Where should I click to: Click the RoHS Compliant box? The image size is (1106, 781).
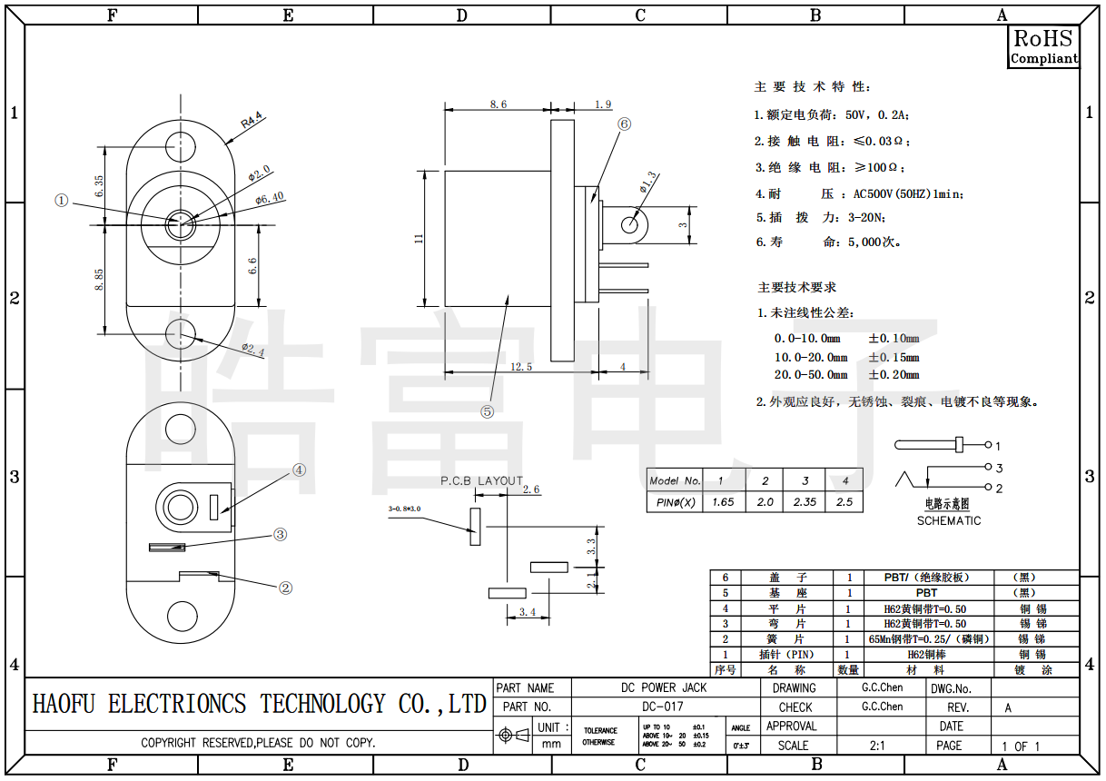tap(1043, 46)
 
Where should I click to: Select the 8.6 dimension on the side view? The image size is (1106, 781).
tap(498, 104)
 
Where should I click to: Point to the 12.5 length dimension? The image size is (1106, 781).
tap(521, 366)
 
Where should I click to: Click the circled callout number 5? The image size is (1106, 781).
tap(488, 410)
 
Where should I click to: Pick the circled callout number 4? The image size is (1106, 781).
tap(300, 470)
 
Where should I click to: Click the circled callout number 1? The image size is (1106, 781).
tap(62, 201)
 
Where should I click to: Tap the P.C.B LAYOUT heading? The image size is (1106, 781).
tap(482, 480)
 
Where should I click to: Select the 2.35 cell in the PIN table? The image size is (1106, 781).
tap(805, 501)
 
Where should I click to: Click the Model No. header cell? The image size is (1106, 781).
tap(675, 480)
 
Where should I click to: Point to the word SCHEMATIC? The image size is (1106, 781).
tap(948, 520)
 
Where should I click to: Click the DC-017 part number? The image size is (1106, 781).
tap(662, 707)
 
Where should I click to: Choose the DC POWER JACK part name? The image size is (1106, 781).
tap(663, 687)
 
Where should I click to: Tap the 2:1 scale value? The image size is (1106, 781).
tap(877, 746)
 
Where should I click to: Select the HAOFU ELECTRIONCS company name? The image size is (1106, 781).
tap(260, 704)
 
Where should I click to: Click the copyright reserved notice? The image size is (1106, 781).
tap(258, 743)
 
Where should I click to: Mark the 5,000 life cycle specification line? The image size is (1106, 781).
tap(828, 242)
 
